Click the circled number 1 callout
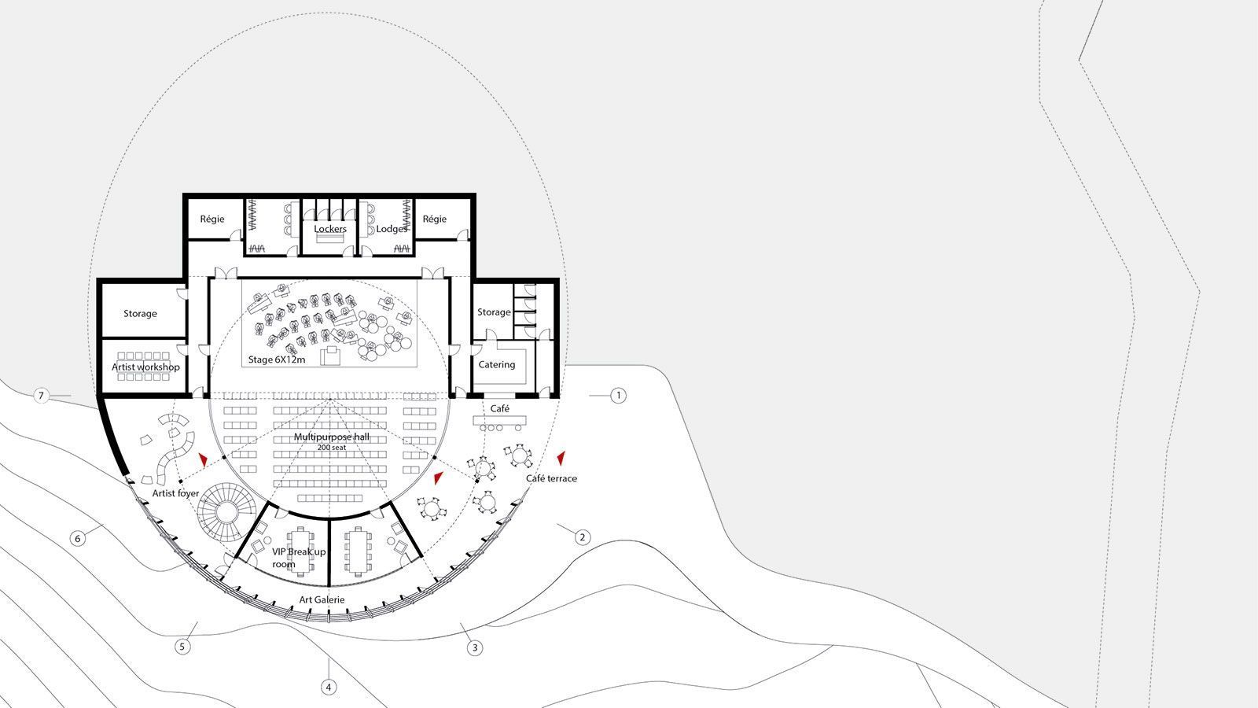pos(618,396)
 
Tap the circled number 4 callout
pos(329,687)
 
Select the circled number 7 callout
pos(40,396)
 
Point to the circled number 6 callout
pos(78,538)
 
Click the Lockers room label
pos(330,229)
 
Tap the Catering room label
pos(496,365)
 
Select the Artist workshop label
pos(145,367)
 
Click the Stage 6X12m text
pos(277,360)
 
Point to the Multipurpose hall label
pos(331,437)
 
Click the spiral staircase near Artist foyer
pos(225,511)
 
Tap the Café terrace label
pos(551,478)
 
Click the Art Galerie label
pos(322,599)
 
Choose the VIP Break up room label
pos(299,558)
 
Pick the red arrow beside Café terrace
pos(561,458)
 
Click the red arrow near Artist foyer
pos(203,459)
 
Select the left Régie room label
pos(212,219)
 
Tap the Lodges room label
pos(392,229)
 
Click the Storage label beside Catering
pos(495,312)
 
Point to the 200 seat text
pos(331,448)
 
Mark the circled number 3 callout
pos(475,648)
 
